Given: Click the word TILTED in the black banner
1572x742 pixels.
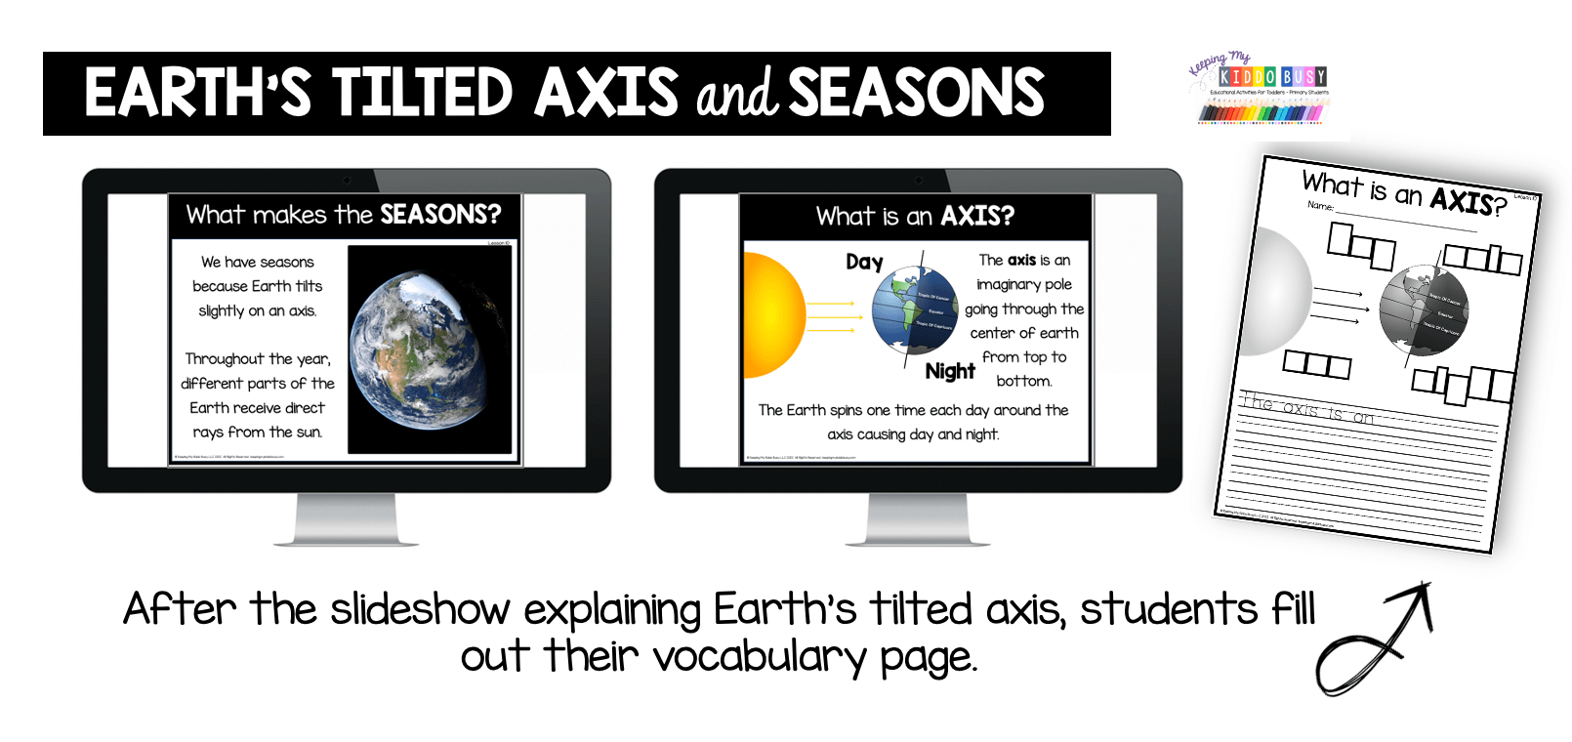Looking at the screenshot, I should [422, 94].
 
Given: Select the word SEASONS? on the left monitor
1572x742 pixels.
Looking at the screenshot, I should [439, 215].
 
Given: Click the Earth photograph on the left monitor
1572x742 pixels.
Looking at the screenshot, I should [430, 349].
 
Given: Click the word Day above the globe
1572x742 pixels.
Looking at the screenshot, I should [864, 262].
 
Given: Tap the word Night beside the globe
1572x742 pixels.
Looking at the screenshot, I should [950, 371].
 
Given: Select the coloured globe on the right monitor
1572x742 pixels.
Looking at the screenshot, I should [915, 309].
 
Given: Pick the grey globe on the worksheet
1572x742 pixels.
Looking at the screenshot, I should [1424, 310].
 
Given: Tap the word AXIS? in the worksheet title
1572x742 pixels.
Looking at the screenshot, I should [1468, 200].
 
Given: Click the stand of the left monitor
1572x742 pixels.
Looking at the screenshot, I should [347, 519].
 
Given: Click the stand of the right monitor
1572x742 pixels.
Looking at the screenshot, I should [918, 519].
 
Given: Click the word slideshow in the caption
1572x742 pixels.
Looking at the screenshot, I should [420, 610].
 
